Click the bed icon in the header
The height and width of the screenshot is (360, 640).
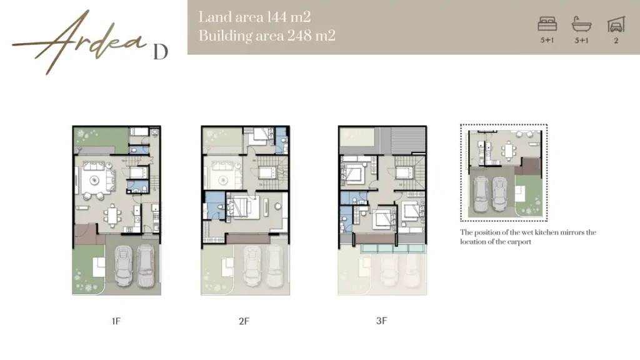coord(547,24)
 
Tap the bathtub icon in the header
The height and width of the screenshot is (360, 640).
coord(582,24)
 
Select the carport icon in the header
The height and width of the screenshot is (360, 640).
coord(616,24)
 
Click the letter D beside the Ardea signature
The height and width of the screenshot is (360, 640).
coord(161,52)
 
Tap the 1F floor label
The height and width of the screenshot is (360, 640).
coord(116,321)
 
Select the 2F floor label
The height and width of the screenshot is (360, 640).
coord(244,321)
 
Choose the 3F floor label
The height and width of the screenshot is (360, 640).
coord(381,321)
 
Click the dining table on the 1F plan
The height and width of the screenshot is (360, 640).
coord(112,216)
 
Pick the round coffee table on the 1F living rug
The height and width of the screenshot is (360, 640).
coord(95,180)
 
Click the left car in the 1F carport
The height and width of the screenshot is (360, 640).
coord(124,266)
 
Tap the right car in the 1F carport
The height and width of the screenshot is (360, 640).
coord(145,266)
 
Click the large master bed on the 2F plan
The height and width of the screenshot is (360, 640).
coord(244,207)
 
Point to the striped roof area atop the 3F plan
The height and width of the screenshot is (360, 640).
coord(407,140)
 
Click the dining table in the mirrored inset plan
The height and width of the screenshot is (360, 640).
coord(509,150)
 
